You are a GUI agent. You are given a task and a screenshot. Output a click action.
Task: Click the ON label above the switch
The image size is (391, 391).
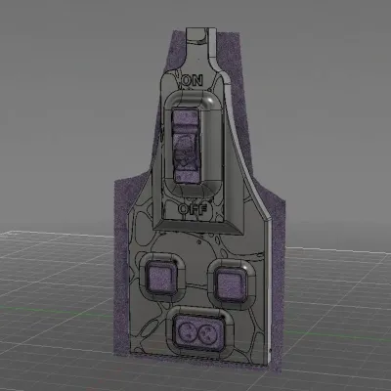pos(193,80)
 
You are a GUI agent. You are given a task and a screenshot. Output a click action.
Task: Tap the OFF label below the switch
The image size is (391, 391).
pos(193,209)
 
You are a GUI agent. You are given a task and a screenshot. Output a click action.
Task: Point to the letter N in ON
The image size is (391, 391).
pos(197,80)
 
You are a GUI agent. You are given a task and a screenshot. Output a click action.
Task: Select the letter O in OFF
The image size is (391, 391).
pos(183,209)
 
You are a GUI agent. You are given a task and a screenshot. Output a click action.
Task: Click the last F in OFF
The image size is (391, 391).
pos(202,209)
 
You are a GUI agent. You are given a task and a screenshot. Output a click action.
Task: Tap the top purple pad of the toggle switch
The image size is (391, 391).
pos(185,120)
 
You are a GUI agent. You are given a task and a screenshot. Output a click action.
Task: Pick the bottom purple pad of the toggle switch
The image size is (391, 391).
pos(188,176)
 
